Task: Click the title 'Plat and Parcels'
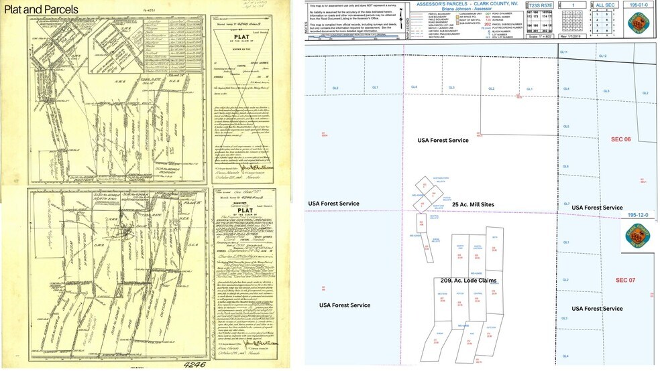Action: (41, 9)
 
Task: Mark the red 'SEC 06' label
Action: (620, 139)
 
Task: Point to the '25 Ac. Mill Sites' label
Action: (473, 204)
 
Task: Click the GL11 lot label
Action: (564, 52)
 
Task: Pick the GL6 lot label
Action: (565, 166)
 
